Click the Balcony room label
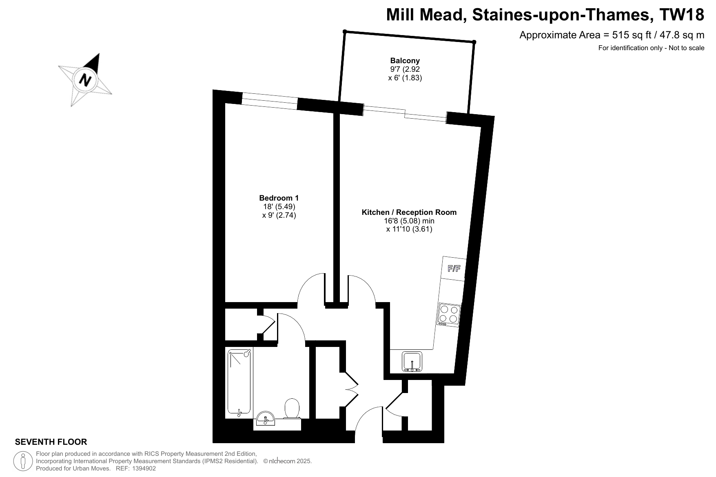405,61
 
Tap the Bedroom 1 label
279,198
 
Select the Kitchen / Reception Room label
409,212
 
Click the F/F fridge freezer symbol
454,268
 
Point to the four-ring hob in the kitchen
449,315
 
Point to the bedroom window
270,101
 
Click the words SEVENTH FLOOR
51,442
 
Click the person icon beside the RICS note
23,462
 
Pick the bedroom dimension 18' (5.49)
279,207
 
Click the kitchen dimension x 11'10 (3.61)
409,229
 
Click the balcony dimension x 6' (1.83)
405,78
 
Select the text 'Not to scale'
687,48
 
